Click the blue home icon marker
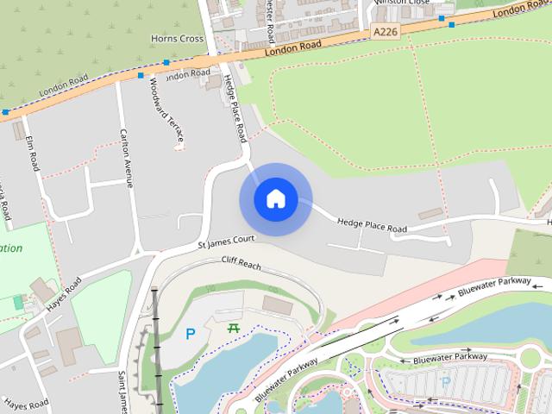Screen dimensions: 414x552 click(x=275, y=199)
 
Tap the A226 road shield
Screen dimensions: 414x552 click(x=386, y=32)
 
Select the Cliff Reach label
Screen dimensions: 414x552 click(x=241, y=260)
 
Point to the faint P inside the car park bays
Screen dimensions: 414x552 click(x=446, y=380)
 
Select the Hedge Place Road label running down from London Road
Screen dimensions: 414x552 click(x=235, y=107)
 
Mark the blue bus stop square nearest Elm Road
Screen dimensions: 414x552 click(x=6, y=112)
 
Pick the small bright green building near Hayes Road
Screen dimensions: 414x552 click(x=19, y=303)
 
